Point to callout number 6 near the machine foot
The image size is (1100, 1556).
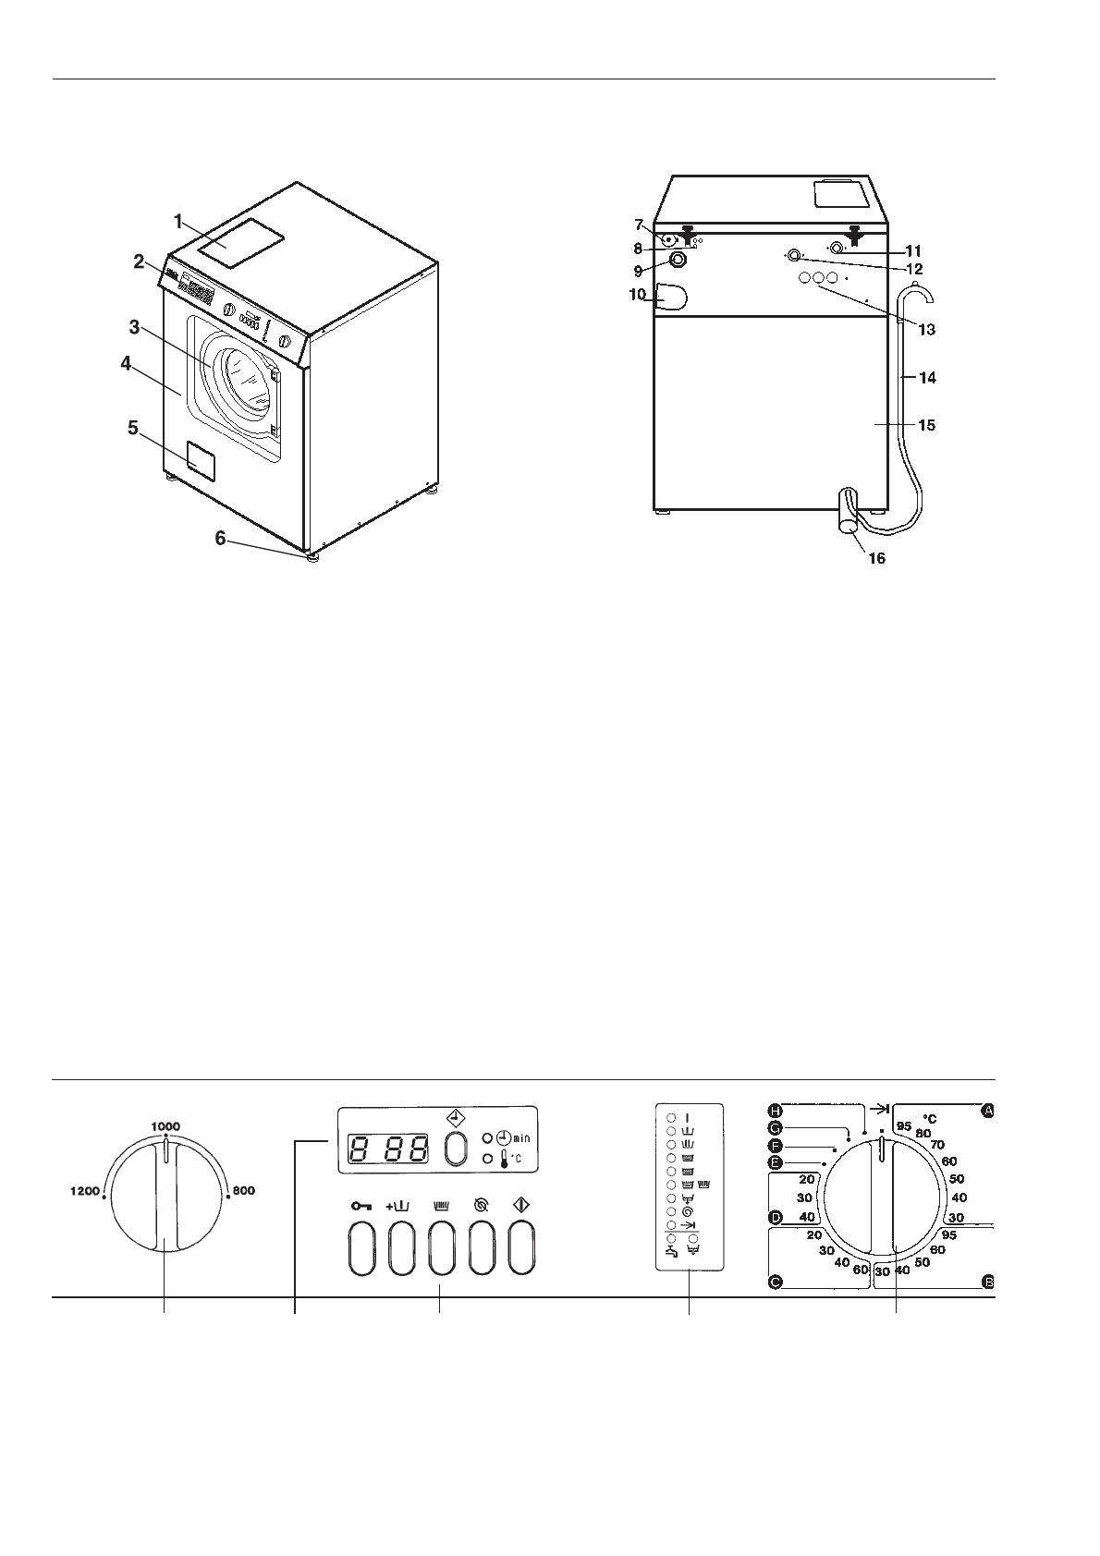point(220,538)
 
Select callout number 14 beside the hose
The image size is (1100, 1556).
point(926,377)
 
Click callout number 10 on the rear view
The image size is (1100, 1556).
point(637,296)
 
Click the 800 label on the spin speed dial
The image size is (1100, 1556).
point(243,1191)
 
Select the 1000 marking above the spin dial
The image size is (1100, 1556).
point(165,1125)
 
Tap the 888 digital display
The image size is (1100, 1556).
point(388,1149)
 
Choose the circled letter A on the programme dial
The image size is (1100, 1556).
point(987,1112)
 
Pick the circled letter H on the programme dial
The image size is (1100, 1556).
point(776,1110)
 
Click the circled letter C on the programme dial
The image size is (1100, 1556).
point(776,1282)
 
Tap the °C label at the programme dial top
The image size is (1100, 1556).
point(929,1118)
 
